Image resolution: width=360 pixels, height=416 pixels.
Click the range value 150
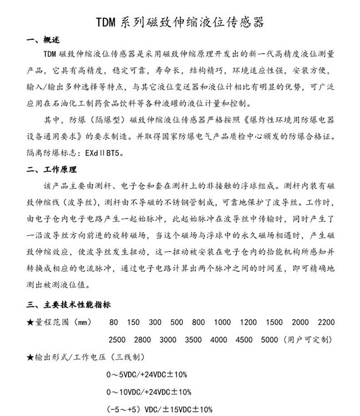pos(133,322)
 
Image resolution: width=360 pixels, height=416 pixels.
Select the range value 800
pos(198,322)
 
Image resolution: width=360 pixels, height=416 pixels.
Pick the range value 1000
pos(222,322)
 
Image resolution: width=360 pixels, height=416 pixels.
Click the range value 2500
pos(117,339)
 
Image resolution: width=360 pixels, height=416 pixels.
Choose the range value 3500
pos(193,339)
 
